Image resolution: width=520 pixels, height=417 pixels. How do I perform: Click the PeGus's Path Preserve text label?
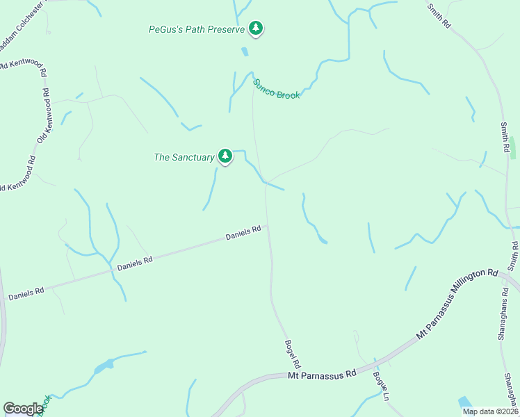click(x=197, y=30)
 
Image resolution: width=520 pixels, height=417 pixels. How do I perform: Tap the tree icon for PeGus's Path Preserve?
click(x=257, y=28)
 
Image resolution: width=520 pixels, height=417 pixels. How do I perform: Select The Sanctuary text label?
click(x=184, y=158)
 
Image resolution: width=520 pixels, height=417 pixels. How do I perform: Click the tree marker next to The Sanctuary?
click(x=225, y=156)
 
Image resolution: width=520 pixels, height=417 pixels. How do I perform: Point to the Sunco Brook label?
click(x=276, y=89)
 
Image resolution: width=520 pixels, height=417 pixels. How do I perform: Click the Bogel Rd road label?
click(x=293, y=353)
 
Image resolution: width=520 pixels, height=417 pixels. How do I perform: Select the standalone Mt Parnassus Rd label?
click(x=322, y=374)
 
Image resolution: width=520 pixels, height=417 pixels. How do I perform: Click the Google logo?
click(x=23, y=409)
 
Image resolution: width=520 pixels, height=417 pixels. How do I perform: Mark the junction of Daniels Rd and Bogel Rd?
click(x=268, y=224)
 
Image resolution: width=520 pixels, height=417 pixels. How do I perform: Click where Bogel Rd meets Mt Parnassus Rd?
click(x=304, y=376)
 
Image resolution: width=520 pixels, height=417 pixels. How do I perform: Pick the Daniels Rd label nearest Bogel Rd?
click(x=243, y=233)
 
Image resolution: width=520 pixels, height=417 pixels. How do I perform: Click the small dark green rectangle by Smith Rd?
click(x=513, y=147)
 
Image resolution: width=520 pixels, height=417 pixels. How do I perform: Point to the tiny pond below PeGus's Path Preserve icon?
click(x=244, y=51)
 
